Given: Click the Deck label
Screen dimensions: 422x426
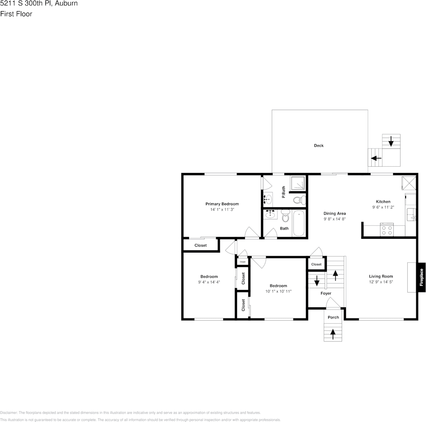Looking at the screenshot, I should [318, 145].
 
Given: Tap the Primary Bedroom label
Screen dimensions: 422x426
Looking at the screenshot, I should [222, 204].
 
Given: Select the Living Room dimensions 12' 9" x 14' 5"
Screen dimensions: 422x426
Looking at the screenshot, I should [381, 282].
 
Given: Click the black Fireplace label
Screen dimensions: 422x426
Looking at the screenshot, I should [422, 277].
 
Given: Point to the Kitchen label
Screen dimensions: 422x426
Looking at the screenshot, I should [383, 201].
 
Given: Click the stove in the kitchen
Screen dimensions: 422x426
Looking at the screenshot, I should [387, 230].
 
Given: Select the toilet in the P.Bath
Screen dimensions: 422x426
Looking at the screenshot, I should [298, 200].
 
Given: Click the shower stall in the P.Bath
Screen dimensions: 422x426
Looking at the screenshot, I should [297, 183].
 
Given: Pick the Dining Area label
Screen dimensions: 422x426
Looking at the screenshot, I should [334, 213].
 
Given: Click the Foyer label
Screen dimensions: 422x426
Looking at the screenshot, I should [326, 293].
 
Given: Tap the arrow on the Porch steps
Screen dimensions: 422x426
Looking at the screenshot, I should [333, 334].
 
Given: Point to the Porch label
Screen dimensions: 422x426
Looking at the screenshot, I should [333, 317].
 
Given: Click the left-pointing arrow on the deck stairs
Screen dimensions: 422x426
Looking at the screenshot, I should [376, 158].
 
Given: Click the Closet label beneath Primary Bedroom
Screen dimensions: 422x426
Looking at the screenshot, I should [201, 245].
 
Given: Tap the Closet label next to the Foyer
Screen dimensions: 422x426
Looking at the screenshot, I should [316, 265].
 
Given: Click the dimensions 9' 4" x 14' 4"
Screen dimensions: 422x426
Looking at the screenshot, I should [209, 282].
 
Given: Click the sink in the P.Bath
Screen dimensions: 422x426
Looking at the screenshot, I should [269, 198].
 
